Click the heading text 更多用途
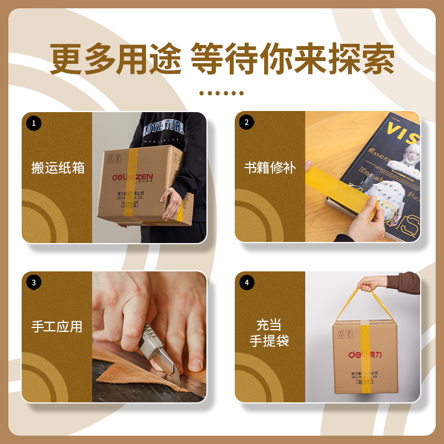point(115,59)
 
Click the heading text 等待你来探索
point(292,59)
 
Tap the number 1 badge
point(33,123)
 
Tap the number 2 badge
point(246,123)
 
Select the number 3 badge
point(33,282)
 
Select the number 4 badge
point(246,282)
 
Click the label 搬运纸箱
point(57,168)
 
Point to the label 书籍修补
point(270,168)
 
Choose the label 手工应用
point(57,327)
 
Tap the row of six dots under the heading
point(221,93)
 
